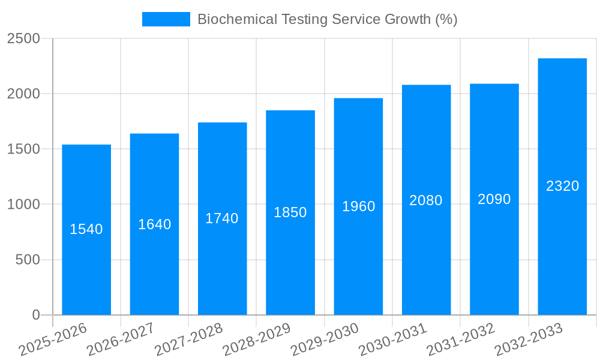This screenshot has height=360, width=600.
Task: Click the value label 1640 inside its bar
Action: [x=155, y=224]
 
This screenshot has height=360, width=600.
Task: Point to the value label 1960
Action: [x=359, y=206]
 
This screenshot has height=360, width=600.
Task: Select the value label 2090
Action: [x=494, y=199]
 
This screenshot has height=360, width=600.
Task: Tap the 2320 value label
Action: [x=562, y=186]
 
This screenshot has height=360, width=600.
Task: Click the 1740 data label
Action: [x=222, y=218]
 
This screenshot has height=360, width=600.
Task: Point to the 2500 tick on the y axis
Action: [x=23, y=38]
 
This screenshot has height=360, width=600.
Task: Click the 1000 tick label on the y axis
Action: [x=23, y=205]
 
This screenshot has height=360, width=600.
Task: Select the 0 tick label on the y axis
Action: [x=35, y=315]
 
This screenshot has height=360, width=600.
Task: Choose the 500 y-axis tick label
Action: [x=28, y=260]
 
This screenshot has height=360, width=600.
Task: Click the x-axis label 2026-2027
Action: [x=121, y=340]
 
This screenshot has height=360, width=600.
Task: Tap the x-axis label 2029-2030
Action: [x=325, y=340]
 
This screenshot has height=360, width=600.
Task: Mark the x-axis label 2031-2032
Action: [x=461, y=340]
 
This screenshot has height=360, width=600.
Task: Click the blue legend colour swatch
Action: [x=166, y=19]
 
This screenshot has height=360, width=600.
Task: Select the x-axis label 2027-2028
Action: [x=188, y=340]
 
